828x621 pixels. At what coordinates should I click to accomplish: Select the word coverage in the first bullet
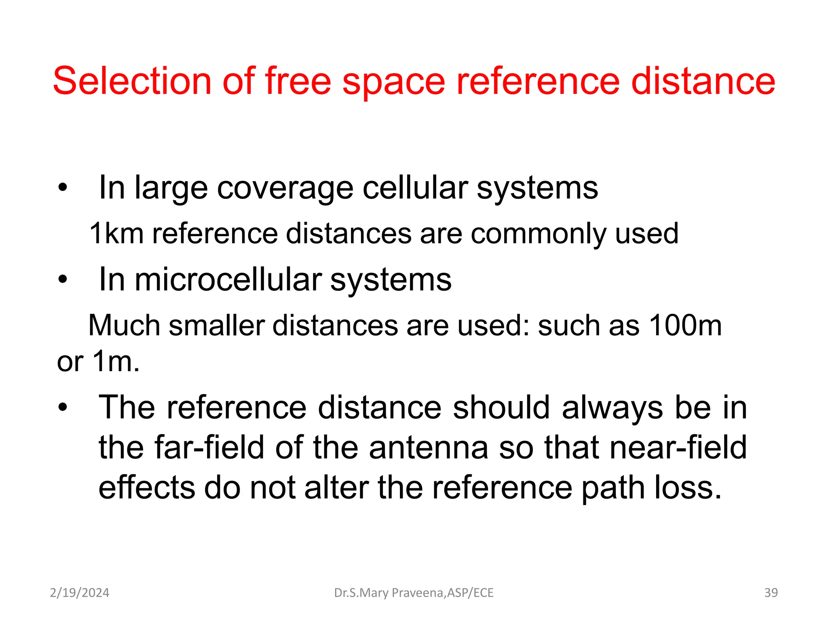(285, 189)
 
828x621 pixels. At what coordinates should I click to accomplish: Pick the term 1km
(116, 233)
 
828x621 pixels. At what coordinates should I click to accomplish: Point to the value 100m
(685, 325)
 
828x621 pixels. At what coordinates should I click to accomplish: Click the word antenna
(429, 448)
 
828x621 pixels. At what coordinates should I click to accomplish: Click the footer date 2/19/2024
(79, 593)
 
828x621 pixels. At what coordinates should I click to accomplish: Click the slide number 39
(771, 593)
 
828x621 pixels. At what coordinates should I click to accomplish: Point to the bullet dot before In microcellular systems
(62, 279)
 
